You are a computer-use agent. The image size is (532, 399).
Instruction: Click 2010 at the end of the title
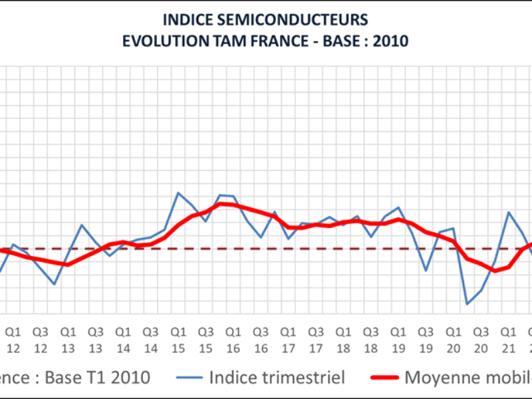391,40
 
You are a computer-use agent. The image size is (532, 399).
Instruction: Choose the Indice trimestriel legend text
277,378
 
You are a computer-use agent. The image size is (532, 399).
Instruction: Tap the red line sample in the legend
380,378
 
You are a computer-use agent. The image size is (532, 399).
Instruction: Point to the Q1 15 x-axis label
178,339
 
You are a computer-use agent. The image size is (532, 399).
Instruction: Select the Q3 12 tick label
40,339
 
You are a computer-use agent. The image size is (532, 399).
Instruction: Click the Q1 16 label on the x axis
233,339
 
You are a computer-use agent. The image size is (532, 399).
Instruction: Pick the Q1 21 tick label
508,339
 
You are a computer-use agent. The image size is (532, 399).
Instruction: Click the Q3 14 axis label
150,339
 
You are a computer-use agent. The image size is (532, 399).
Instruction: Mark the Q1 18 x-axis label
343,339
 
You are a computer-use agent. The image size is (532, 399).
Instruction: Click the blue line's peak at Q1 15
178,193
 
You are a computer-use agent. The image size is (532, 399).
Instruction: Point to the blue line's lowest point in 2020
467,304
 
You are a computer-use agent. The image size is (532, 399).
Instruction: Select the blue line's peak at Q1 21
509,212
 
